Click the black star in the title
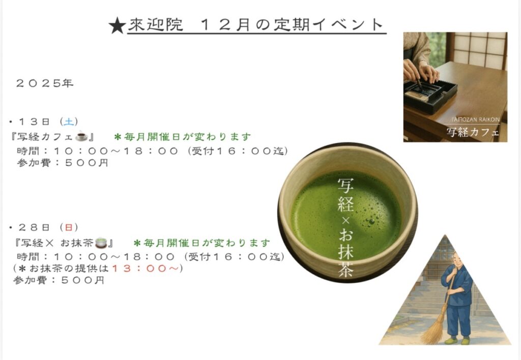point(118,26)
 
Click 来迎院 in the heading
point(156,24)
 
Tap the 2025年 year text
point(45,83)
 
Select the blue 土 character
point(69,122)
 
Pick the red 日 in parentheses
point(69,227)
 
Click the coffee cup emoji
point(81,136)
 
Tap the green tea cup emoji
point(101,243)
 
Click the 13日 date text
point(34,122)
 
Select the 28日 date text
point(34,227)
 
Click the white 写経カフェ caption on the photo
point(473,132)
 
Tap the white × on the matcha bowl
point(345,221)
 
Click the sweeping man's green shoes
point(457,340)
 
